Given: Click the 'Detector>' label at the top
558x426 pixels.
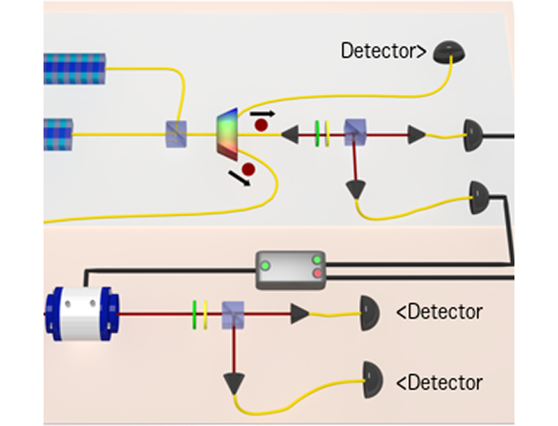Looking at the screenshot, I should click(x=384, y=51).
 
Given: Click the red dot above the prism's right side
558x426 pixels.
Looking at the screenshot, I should click(x=261, y=125).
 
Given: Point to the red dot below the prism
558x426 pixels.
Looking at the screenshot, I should click(x=248, y=169).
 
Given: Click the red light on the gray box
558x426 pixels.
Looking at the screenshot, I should click(x=317, y=273).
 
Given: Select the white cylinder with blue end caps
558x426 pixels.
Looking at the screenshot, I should click(x=81, y=312).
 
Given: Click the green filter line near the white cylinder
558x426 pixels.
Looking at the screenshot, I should click(x=194, y=312).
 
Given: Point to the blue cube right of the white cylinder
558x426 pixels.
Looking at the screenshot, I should click(x=234, y=313).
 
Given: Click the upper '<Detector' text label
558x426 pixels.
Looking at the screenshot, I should click(x=440, y=312).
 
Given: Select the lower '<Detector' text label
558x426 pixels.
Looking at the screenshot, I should click(x=440, y=383).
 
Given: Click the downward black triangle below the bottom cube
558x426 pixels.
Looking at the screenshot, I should click(x=234, y=383).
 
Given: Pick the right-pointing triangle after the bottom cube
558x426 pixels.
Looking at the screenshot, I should click(x=299, y=312).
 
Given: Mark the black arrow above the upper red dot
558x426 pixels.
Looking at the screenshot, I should click(x=262, y=113).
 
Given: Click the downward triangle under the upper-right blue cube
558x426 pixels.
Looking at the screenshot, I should click(x=356, y=189).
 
